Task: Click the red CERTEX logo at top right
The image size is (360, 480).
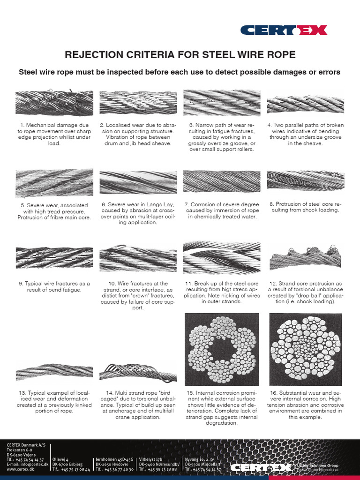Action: click(x=284, y=30)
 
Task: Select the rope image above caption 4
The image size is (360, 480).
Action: click(x=306, y=104)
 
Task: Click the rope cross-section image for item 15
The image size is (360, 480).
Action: click(x=222, y=348)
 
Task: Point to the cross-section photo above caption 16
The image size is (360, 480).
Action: click(x=306, y=348)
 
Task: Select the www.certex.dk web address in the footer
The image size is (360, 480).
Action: click(x=18, y=469)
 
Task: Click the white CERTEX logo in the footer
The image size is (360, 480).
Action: click(x=261, y=467)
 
